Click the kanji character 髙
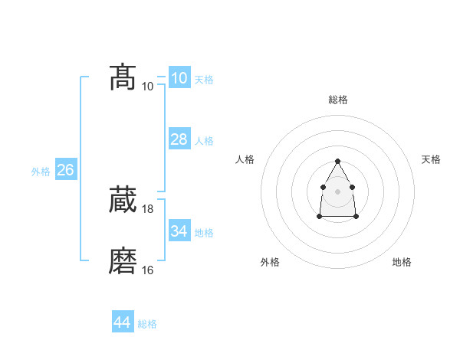(123, 77)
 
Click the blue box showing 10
(179, 78)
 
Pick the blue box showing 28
(179, 139)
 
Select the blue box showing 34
(179, 231)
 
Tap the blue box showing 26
(65, 170)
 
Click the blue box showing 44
(122, 322)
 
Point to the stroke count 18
(148, 209)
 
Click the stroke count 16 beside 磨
(148, 270)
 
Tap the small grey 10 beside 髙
(148, 86)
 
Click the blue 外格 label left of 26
(41, 172)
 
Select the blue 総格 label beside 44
(147, 324)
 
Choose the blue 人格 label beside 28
(204, 141)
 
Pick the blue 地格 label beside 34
(204, 232)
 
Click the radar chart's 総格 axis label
(337, 100)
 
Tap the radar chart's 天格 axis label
(431, 159)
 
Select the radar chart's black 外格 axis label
(270, 262)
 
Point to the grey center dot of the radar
(337, 191)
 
